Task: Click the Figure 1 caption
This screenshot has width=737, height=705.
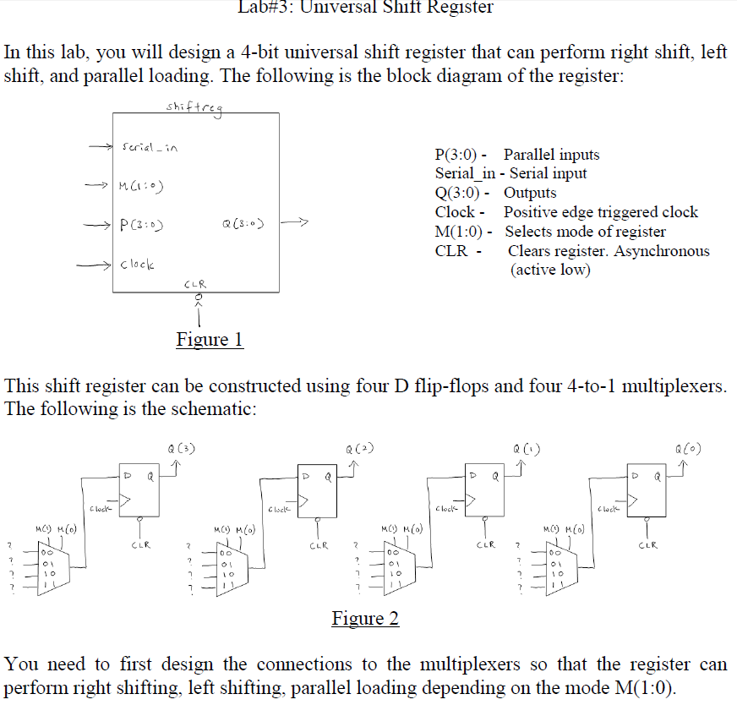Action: point(210,340)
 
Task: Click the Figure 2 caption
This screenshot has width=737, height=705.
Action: point(365,619)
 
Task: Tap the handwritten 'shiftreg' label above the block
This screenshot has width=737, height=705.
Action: point(195,106)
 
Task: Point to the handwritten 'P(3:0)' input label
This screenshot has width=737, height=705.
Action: point(142,225)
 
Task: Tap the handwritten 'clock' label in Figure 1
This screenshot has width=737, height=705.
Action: point(137,265)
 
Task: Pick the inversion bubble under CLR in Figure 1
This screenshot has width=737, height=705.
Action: point(199,298)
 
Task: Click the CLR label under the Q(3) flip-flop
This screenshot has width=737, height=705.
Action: point(140,545)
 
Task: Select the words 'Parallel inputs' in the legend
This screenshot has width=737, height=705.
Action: point(551,155)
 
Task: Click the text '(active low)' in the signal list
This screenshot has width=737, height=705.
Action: point(550,270)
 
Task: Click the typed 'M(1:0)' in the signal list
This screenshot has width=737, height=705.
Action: point(461,232)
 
